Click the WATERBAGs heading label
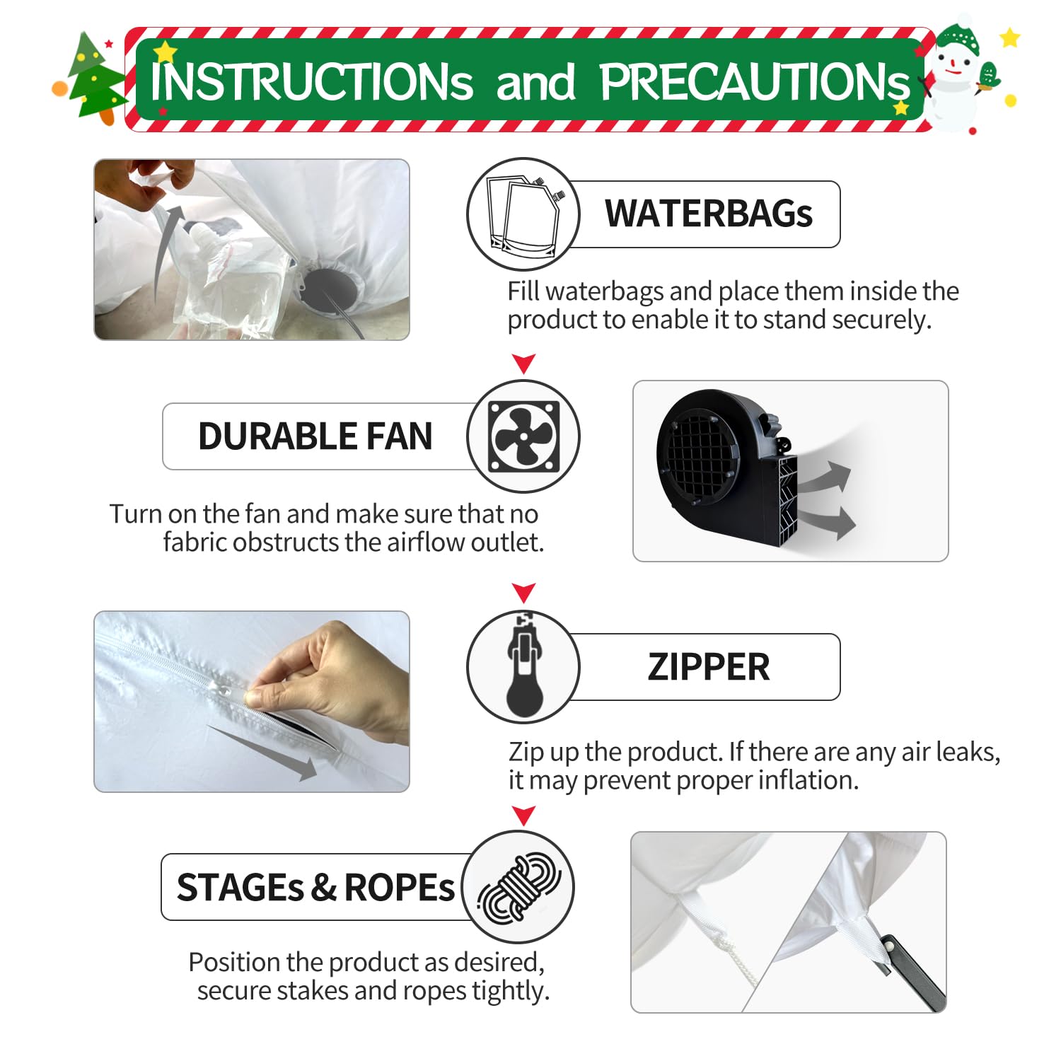tap(709, 214)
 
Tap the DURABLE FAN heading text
tap(315, 436)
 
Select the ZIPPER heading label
tap(709, 667)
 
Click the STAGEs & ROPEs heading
tap(315, 887)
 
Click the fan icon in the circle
tap(524, 436)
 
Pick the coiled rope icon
tap(519, 888)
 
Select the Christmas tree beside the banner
tap(95, 78)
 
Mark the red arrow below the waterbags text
tap(523, 364)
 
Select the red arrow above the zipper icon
tap(523, 593)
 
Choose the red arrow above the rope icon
tap(523, 816)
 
